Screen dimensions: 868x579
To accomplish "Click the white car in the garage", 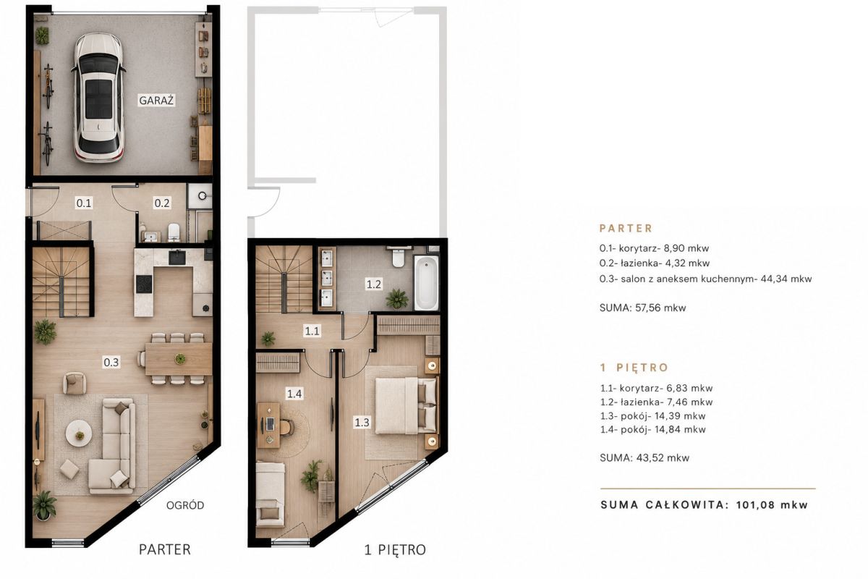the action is click(99, 98).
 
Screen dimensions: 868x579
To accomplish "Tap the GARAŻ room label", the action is click(156, 101).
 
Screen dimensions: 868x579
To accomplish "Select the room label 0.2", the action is click(162, 203).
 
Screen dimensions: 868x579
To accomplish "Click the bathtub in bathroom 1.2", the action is click(426, 283).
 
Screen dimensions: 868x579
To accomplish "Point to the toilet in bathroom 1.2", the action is click(399, 256).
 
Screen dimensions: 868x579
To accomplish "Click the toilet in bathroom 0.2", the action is click(174, 232).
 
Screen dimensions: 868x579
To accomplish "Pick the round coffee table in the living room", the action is click(79, 434).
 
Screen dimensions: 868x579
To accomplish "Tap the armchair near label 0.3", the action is click(75, 383).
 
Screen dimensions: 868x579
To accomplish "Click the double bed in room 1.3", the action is click(406, 406).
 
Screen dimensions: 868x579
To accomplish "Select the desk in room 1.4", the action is click(268, 425).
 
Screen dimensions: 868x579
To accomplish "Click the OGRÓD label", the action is click(185, 505).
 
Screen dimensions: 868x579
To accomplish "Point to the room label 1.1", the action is click(312, 331).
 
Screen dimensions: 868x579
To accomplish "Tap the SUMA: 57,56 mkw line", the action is click(642, 308).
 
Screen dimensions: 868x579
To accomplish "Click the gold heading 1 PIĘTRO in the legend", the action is click(634, 367).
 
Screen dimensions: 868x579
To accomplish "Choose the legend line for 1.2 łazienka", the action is click(657, 402).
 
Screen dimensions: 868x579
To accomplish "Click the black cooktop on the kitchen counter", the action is click(144, 284).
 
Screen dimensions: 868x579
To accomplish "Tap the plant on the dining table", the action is click(180, 359).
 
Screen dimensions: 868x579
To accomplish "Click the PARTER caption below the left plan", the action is click(165, 549).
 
